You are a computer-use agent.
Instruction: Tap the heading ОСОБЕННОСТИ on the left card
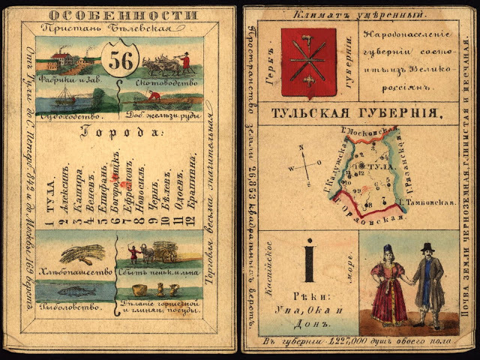pyautogui.click(x=116, y=13)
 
